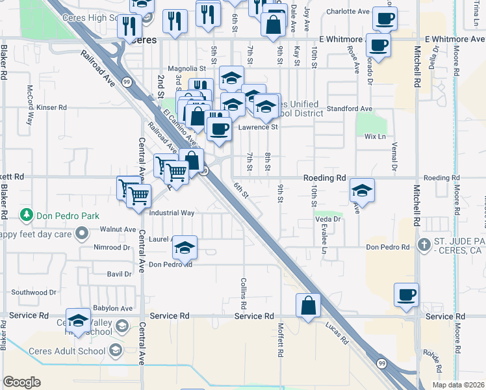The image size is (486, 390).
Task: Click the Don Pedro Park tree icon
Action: pos(27,214)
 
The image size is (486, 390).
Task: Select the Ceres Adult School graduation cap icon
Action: pos(115,350)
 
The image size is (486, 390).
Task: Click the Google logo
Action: pos(21,382)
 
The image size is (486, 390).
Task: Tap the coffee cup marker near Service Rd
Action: pos(407,294)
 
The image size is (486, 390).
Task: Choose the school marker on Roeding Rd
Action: pos(362,190)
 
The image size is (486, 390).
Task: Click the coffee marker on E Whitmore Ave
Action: pos(379,45)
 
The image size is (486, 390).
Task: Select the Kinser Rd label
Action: pos(52,107)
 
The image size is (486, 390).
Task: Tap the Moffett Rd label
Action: pos(281,341)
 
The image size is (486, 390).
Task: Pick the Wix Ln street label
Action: pos(375,136)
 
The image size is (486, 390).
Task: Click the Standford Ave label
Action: pos(349,109)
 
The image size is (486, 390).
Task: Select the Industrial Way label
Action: pos(172,213)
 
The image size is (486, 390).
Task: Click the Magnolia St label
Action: pos(186,68)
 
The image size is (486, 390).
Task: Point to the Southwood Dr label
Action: pos(35,292)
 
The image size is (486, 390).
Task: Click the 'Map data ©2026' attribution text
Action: pos(459,385)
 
